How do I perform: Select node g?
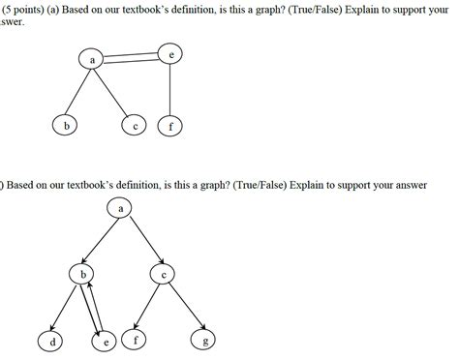pyautogui.click(x=205, y=340)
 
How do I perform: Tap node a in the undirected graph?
pyautogui.click(x=93, y=60)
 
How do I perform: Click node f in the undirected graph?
pyautogui.click(x=170, y=126)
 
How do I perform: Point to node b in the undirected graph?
pyautogui.click(x=66, y=126)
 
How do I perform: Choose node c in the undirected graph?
pyautogui.click(x=136, y=126)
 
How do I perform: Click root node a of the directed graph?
pyautogui.click(x=121, y=207)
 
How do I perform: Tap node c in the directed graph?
pyautogui.click(x=165, y=275)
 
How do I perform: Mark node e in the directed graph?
pyautogui.click(x=107, y=341)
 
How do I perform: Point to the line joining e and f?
pyautogui.click(x=170, y=91)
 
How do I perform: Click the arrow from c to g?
pyautogui.click(x=186, y=308)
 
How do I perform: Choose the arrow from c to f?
pyautogui.click(x=149, y=308)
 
